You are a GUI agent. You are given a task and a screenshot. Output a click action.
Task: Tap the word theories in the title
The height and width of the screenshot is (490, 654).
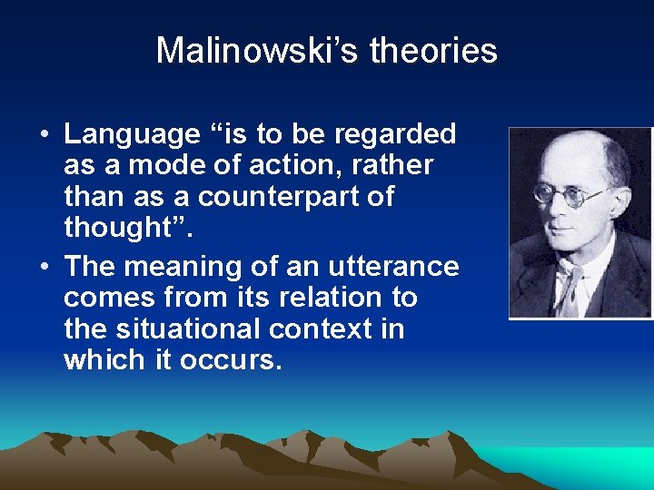(433, 51)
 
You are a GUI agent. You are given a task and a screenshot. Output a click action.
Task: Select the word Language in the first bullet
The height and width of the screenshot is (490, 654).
(132, 134)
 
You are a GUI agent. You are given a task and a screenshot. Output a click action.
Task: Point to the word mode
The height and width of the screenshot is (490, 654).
(153, 166)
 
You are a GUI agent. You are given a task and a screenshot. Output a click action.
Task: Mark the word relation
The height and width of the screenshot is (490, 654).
(329, 297)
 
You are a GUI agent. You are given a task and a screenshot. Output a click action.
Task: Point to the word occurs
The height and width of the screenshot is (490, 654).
(231, 360)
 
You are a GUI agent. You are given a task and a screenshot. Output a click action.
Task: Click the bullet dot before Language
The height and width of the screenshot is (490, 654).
(44, 135)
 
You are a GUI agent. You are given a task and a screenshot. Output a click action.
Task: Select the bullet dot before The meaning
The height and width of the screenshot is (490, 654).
(44, 268)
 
